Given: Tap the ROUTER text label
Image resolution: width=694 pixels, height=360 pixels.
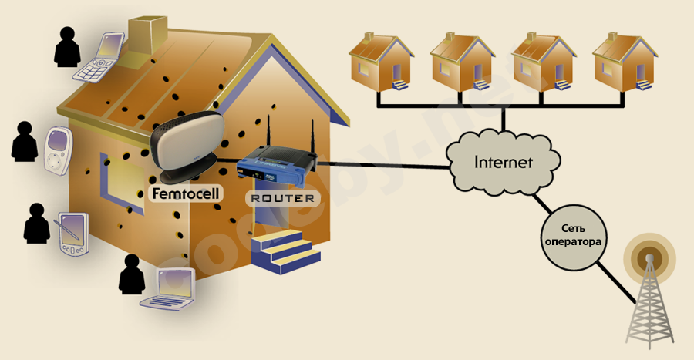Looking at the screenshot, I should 280,198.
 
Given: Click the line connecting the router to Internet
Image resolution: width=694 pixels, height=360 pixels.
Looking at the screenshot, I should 386,164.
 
